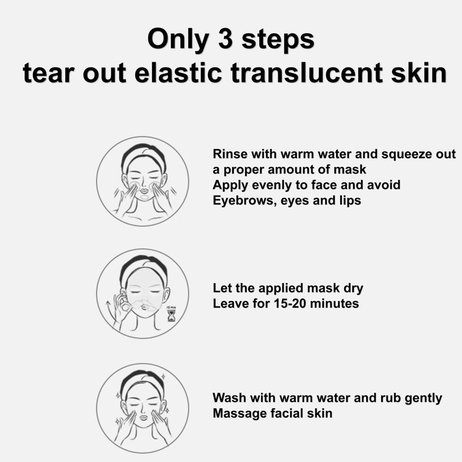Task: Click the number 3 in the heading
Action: pyautogui.click(x=225, y=39)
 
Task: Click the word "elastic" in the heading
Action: pyautogui.click(x=178, y=72)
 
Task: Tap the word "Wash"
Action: pyautogui.click(x=229, y=398)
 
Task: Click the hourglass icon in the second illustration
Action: pyautogui.click(x=171, y=315)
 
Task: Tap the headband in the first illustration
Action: pyautogui.click(x=143, y=154)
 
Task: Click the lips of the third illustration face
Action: pyautogui.click(x=143, y=418)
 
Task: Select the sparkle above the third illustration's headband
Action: pyautogui.click(x=163, y=377)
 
